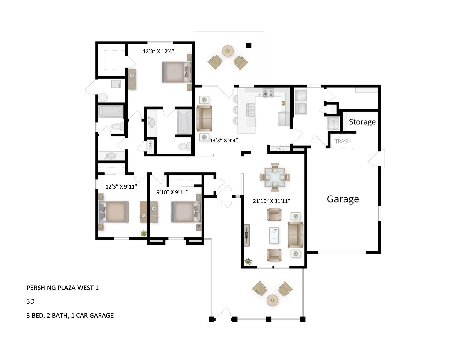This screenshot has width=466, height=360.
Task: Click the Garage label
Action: coord(343,199)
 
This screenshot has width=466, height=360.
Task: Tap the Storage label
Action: coord(362,122)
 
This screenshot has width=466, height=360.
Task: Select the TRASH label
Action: coord(343,141)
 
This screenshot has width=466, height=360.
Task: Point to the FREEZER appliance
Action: coord(333,124)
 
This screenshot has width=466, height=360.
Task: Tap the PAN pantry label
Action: coord(280,149)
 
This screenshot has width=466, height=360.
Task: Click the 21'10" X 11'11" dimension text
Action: coord(272,201)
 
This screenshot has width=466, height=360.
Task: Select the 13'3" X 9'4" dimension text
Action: coord(223,141)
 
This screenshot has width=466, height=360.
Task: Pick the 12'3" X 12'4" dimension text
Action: coord(159,51)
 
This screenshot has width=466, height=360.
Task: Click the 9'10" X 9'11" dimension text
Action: coord(172,192)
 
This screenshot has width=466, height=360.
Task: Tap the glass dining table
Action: coord(274,177)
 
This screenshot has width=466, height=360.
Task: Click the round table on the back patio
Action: coord(227,51)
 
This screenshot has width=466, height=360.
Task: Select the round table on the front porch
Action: coord(272,300)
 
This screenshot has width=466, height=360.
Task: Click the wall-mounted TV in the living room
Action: coord(247,235)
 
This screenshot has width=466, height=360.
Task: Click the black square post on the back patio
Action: coord(249,45)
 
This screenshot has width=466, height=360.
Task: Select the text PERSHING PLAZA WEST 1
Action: coord(62,288)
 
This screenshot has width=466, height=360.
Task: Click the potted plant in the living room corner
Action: coord(249,261)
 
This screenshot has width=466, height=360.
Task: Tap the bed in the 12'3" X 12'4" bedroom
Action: coord(176,72)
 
